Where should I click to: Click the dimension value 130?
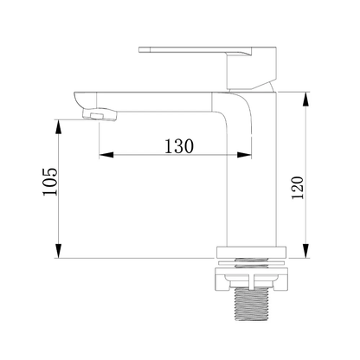click(179, 146)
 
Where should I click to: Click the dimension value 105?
click(50, 182)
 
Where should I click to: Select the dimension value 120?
click(298, 188)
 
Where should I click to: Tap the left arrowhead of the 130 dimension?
click(106, 155)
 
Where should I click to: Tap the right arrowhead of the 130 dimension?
click(244, 155)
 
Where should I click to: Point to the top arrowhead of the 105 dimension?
click(59, 126)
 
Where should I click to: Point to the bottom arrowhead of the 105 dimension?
click(59, 251)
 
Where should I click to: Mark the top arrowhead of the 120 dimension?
click(306, 100)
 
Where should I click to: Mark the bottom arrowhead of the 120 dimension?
click(306, 251)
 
